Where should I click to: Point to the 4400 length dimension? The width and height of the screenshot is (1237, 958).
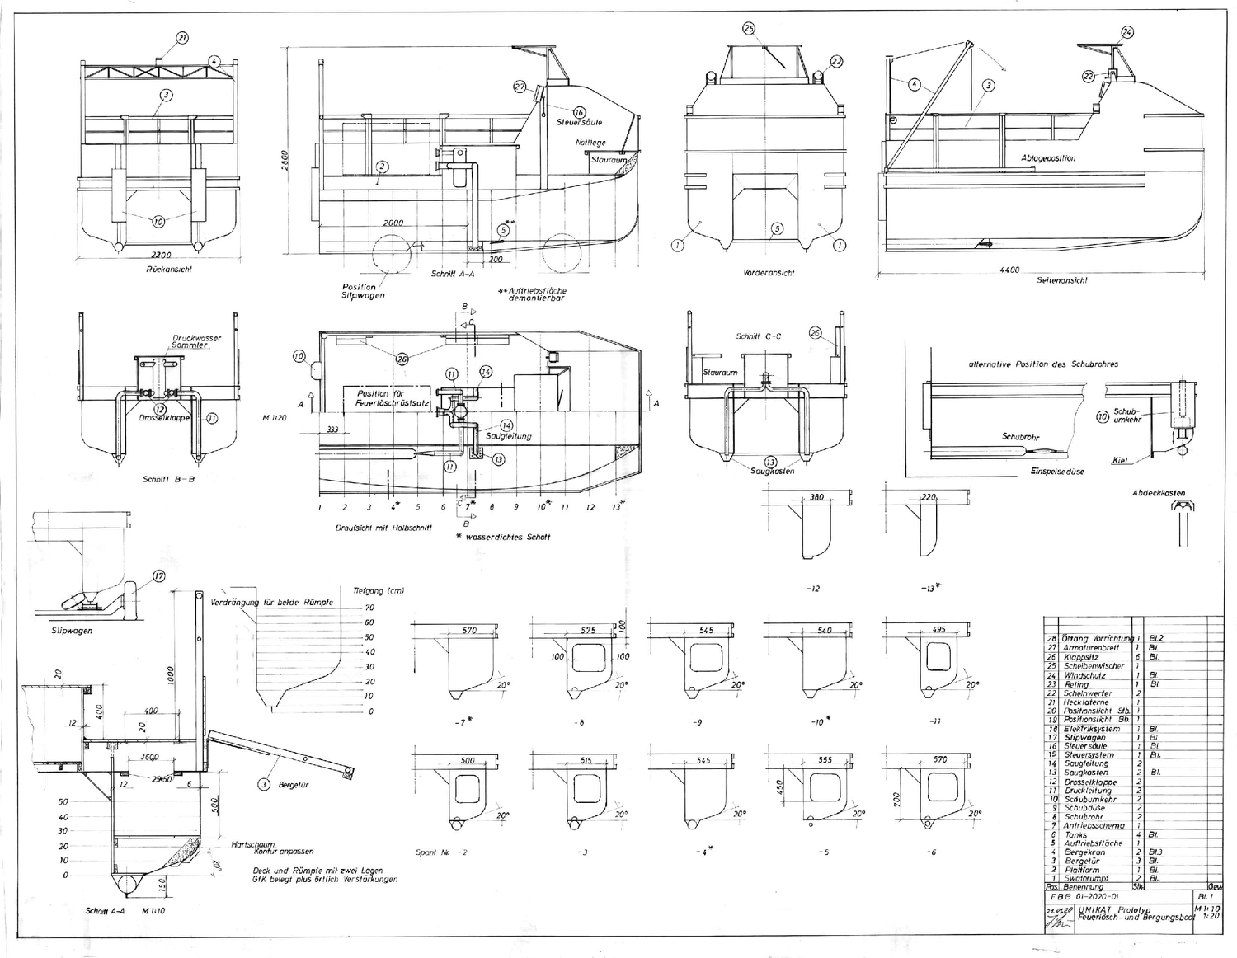1009,270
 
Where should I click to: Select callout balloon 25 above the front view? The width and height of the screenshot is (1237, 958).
749,29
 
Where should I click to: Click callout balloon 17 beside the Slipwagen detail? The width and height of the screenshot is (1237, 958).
159,577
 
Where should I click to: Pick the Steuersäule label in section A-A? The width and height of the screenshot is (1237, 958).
579,123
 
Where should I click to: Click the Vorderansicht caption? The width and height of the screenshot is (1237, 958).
768,273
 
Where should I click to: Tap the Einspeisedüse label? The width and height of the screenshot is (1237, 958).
1057,472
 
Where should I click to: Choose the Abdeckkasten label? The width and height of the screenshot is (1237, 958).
1159,494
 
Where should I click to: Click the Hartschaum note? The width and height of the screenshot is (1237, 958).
252,844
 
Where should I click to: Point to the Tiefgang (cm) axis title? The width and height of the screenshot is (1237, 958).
379,591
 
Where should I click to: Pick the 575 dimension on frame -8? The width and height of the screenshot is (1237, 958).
588,631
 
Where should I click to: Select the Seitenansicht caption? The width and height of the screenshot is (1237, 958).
1062,280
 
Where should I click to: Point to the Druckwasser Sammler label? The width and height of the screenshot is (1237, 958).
196,341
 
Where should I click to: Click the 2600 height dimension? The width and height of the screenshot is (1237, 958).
285,156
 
